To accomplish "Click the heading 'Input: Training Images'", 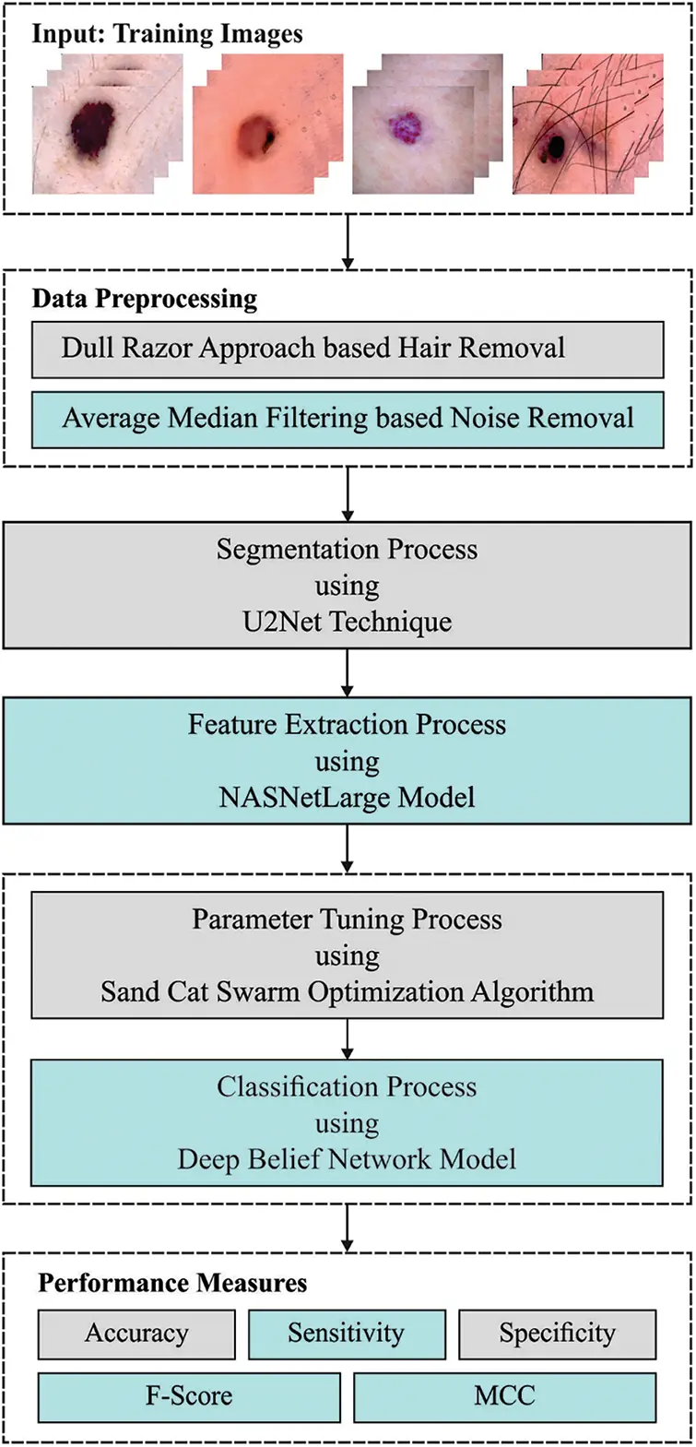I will [x=167, y=34].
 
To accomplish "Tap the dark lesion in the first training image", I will [x=93, y=125].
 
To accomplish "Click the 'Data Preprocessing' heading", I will [x=145, y=299].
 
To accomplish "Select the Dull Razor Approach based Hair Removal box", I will [x=348, y=349].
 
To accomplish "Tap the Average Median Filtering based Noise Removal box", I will [x=348, y=419].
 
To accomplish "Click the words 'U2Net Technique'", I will [x=348, y=622].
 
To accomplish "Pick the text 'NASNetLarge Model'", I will [x=348, y=797].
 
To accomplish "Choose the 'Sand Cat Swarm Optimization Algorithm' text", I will [x=348, y=992].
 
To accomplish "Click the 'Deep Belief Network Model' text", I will [x=348, y=1159].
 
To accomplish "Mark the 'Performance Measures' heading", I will [x=172, y=1283].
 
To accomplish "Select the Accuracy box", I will [x=136, y=1334].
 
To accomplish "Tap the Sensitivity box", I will [x=347, y=1334].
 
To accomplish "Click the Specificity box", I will [x=557, y=1334].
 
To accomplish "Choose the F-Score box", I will [x=189, y=1396].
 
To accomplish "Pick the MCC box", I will [x=504, y=1396].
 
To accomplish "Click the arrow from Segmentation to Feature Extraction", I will [x=348, y=672].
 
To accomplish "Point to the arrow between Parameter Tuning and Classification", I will [x=348, y=1039].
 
